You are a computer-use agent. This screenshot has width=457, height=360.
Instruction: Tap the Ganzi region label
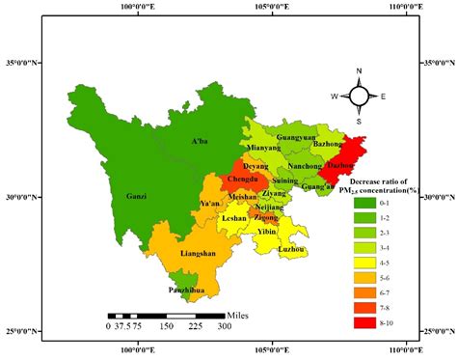(137, 197)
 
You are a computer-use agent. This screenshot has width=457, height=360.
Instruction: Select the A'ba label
(200, 142)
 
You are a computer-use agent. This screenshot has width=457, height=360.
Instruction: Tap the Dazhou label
(339, 166)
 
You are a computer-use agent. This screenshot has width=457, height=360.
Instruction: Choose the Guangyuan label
(294, 137)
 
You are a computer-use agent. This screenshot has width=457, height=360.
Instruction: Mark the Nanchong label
(306, 166)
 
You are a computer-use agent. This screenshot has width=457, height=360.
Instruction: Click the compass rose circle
(359, 96)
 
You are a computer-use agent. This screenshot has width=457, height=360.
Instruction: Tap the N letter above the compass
(359, 71)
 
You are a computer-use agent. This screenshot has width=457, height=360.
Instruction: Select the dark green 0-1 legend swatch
(365, 202)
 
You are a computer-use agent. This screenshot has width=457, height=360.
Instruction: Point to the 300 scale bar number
(224, 327)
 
